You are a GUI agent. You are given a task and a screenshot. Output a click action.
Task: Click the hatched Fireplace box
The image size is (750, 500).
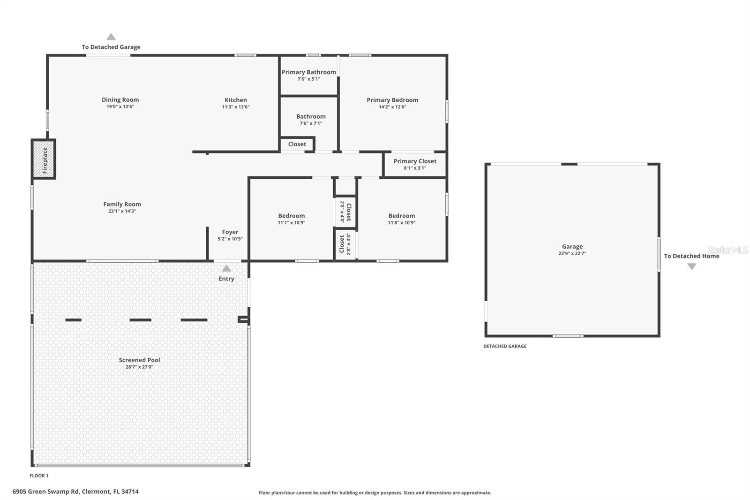pyautogui.click(x=44, y=159)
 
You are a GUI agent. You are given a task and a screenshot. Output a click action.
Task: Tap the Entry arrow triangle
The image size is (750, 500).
pyautogui.click(x=226, y=269)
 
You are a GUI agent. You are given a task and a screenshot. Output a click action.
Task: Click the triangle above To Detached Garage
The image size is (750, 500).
pyautogui.click(x=111, y=37)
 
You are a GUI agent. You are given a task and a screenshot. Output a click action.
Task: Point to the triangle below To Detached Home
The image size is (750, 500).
pyautogui.click(x=691, y=266)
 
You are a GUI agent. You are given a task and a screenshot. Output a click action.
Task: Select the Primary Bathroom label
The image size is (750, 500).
pyautogui.click(x=308, y=72)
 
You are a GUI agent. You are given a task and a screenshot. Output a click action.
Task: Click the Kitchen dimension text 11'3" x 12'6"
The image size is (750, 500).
pyautogui.click(x=235, y=107)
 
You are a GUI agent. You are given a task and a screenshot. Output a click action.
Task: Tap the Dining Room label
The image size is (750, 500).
pyautogui.click(x=120, y=99)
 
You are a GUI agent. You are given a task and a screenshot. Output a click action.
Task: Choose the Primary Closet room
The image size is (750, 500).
pyautogui.click(x=415, y=164)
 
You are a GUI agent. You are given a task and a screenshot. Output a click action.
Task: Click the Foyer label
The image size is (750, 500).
pyautogui.click(x=230, y=232)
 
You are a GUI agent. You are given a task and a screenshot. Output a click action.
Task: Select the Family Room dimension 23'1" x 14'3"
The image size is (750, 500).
pyautogui.click(x=122, y=211)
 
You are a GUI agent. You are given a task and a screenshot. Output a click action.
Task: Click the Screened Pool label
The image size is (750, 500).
pyautogui.click(x=139, y=360)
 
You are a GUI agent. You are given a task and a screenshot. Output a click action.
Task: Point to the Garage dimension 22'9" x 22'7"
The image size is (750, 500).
pyautogui.click(x=572, y=253)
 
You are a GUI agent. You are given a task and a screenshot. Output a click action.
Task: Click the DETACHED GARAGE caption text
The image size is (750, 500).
pyautogui.click(x=505, y=346)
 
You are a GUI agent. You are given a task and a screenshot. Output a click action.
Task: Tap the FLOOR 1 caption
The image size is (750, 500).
pyautogui.click(x=39, y=476)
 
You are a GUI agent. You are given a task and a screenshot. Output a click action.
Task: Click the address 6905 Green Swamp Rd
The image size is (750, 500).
pyautogui.click(x=75, y=492)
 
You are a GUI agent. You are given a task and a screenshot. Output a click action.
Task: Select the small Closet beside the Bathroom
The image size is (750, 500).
pyautogui.click(x=297, y=144)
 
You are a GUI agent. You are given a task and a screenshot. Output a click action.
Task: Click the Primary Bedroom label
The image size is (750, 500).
pyautogui.click(x=392, y=100)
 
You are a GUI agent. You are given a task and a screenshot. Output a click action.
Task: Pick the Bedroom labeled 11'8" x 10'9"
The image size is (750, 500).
pyautogui.click(x=402, y=219)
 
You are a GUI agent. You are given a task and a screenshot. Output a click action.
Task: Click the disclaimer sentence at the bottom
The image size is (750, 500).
pyautogui.click(x=375, y=492)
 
